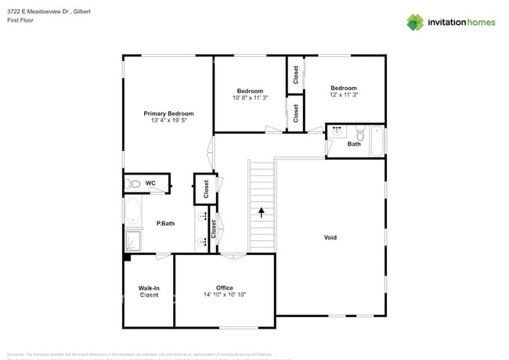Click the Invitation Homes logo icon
coord(415,23)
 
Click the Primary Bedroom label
coord(168,113)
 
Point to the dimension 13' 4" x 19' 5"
coord(168,121)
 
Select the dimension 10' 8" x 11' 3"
coord(251,98)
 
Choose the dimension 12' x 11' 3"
coord(344,95)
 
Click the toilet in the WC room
coord(133,184)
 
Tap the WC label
coord(150,183)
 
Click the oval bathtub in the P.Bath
coord(132,211)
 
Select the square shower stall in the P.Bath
coord(132,239)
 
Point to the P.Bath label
coord(164,223)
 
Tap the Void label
coord(330,237)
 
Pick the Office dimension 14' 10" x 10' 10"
coord(225,295)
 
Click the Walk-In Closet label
coord(149,292)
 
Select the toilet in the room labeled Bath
coord(359,131)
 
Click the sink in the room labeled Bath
coord(337,131)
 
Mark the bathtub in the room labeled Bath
coord(377,141)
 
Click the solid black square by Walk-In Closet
coord(126,256)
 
